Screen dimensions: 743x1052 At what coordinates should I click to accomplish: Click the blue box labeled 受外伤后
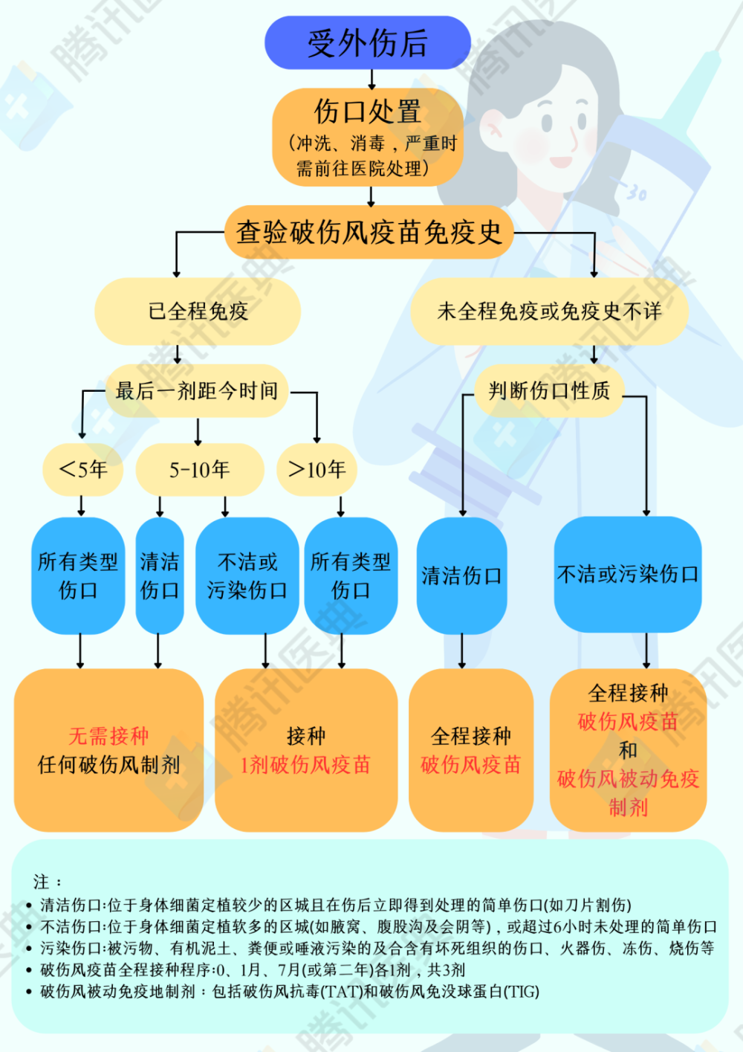(x=368, y=42)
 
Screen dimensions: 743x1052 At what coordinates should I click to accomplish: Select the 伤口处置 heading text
(x=368, y=112)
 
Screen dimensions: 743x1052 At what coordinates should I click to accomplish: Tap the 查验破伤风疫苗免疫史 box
(x=369, y=232)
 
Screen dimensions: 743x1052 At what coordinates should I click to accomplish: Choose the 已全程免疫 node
(x=198, y=312)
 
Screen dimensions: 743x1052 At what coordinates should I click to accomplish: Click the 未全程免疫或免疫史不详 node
(x=549, y=312)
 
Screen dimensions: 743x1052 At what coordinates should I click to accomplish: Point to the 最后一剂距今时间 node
(x=197, y=391)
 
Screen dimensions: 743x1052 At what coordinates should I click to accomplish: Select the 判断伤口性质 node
(x=549, y=391)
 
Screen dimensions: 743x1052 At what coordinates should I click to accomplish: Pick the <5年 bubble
(x=83, y=470)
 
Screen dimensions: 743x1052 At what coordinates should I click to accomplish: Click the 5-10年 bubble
(x=200, y=470)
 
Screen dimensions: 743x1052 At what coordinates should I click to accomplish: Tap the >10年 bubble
(x=317, y=470)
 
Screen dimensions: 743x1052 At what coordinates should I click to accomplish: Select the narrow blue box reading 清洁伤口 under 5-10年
(x=160, y=575)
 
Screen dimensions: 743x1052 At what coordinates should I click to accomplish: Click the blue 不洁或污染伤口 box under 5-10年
(x=247, y=575)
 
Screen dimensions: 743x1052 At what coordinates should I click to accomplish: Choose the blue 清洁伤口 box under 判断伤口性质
(x=462, y=575)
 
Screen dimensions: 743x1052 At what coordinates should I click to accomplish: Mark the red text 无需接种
(x=109, y=736)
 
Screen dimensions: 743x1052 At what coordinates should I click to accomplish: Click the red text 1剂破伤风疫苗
(x=305, y=765)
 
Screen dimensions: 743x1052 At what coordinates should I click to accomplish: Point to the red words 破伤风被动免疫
(x=628, y=779)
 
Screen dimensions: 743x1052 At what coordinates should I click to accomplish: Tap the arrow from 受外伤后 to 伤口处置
(x=371, y=80)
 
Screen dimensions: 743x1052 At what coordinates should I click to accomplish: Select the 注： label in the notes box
(x=47, y=882)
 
